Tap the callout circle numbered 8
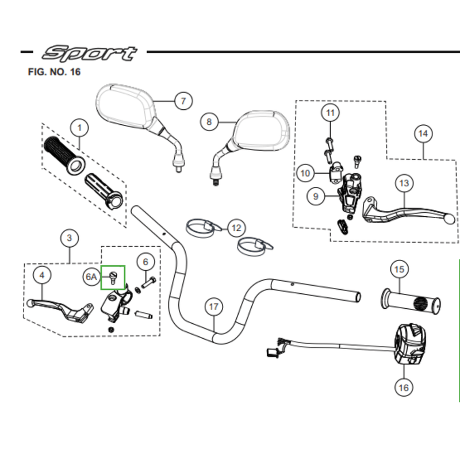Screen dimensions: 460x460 (x=209, y=121)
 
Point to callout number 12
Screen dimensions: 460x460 (x=236, y=228)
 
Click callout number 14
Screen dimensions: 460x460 (x=423, y=134)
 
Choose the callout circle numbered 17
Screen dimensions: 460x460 (x=214, y=307)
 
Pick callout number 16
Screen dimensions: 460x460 (x=404, y=388)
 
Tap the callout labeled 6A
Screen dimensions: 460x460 (x=91, y=277)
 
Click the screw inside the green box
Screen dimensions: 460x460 (x=113, y=277)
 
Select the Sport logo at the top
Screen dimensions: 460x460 (x=89, y=53)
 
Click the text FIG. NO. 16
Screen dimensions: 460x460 (x=54, y=72)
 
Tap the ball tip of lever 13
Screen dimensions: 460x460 (x=450, y=218)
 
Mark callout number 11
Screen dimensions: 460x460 (x=330, y=113)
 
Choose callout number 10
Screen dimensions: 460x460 (x=305, y=172)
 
